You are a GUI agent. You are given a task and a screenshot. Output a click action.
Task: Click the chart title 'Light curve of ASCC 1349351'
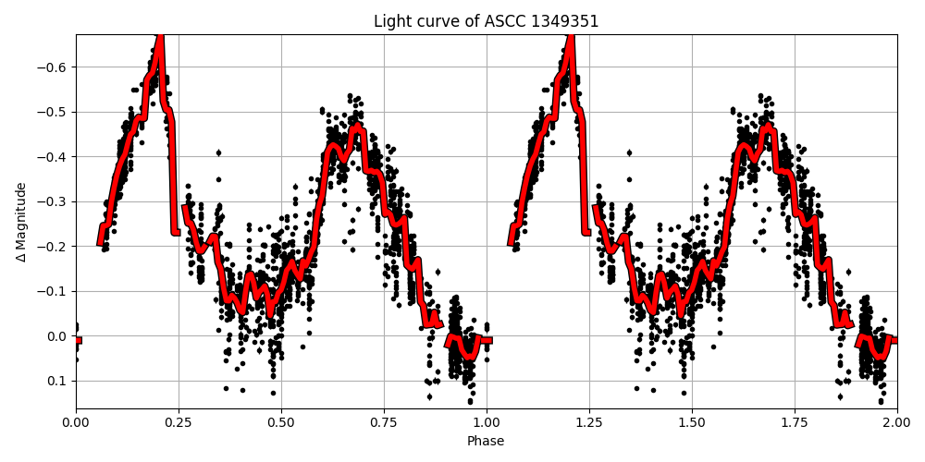pyautogui.click(x=486, y=21)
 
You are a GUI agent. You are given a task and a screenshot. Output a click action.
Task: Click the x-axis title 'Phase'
pyautogui.click(x=486, y=442)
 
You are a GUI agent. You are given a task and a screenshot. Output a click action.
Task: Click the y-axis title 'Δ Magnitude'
pyautogui.click(x=21, y=222)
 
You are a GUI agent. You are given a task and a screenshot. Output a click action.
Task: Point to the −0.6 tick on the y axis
pyautogui.click(x=54, y=67)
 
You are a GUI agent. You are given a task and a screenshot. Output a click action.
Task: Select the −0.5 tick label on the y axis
pyautogui.click(x=54, y=112)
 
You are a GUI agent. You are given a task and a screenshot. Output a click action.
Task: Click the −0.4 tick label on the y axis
pyautogui.click(x=54, y=157)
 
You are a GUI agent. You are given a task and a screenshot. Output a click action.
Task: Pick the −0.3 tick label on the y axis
pyautogui.click(x=54, y=201)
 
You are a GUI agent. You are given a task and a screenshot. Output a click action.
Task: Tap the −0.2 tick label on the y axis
pyautogui.click(x=54, y=247)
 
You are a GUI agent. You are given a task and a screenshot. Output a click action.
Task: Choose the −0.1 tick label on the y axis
pyautogui.click(x=54, y=291)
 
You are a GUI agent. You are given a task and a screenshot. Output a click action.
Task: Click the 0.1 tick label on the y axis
pyautogui.click(x=57, y=381)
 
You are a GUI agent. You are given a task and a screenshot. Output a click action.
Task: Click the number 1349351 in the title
pyautogui.click(x=563, y=21)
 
